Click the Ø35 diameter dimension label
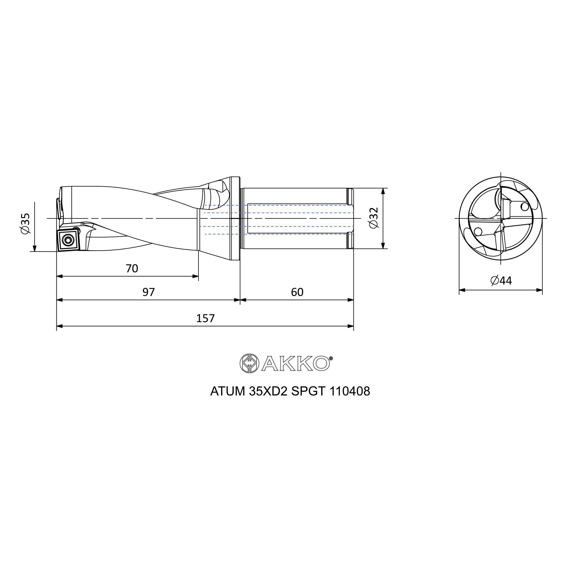[x=26, y=223]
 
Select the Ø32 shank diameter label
[x=374, y=218]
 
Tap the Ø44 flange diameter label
[x=501, y=281]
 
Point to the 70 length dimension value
[x=132, y=268]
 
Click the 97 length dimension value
[x=149, y=292]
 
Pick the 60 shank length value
[x=297, y=292]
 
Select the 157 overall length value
[x=206, y=318]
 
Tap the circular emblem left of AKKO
[x=249, y=363]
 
